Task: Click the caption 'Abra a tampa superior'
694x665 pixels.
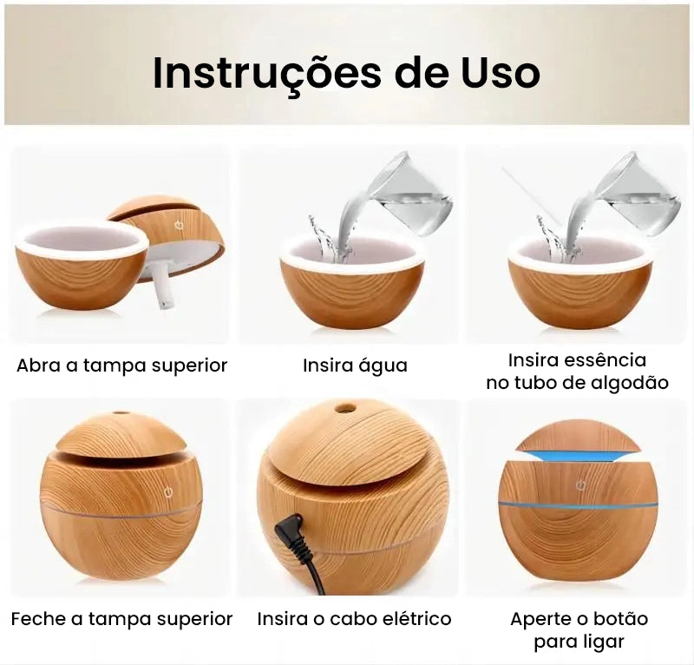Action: point(121,365)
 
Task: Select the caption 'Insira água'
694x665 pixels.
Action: point(355,365)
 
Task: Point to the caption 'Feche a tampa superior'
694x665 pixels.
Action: point(121,619)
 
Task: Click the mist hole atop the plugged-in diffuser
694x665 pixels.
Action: point(345,408)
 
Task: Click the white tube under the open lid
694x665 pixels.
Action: point(162,286)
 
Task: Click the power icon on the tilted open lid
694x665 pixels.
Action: point(180,224)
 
